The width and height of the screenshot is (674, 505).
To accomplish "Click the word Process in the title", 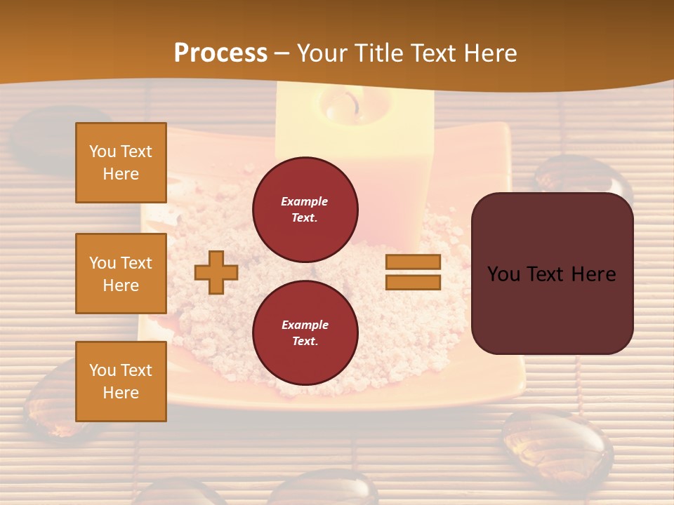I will click(220, 53).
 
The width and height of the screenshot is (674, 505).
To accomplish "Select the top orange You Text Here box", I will click(121, 163).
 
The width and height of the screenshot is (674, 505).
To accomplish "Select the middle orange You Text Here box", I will click(121, 274).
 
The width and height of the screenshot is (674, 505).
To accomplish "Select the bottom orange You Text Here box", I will click(121, 382).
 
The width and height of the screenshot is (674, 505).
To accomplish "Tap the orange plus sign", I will click(216, 272).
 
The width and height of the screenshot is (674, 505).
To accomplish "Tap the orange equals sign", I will click(413, 272).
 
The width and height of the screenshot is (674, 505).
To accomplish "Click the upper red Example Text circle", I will click(305, 210).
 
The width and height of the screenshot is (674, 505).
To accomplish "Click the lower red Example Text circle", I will click(305, 333).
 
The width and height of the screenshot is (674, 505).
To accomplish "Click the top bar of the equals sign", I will click(413, 262).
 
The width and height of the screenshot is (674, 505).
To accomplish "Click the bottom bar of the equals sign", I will click(413, 282).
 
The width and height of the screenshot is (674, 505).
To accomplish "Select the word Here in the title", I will click(489, 53).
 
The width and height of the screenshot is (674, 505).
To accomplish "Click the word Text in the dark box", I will click(551, 274).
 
